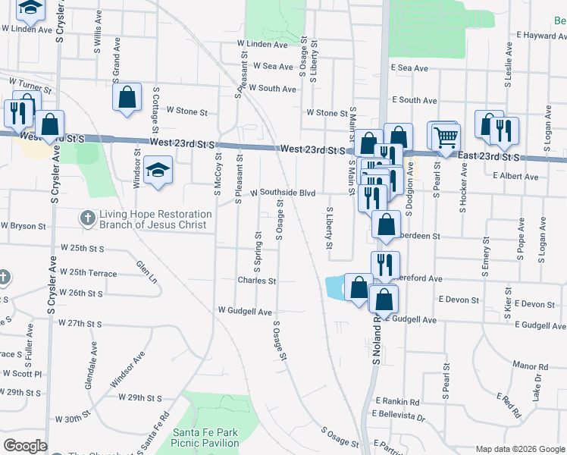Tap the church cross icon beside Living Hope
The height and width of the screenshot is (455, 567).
coord(89,218)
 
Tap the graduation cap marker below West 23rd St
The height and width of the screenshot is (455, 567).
coord(158,171)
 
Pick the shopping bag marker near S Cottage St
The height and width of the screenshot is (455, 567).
coord(127,97)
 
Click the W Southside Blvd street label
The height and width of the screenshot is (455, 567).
coord(283,193)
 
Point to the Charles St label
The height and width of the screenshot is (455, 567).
coord(256,281)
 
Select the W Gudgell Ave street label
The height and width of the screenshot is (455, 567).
coord(245,312)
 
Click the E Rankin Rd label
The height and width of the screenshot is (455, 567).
coord(396,402)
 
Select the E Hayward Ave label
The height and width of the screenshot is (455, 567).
coord(541,36)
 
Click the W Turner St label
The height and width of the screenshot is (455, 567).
coord(30,82)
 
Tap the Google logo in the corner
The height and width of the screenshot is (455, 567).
coord(25,446)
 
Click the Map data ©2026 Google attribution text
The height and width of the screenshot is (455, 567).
coord(519,449)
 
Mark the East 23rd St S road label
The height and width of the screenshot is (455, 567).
coord(489,156)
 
